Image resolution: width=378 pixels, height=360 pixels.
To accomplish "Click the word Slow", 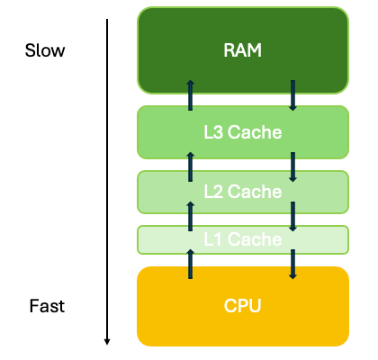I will [45, 50].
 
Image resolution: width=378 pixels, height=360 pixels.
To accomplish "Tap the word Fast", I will [45, 306].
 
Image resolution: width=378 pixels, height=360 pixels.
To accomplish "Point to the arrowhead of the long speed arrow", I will [107, 341].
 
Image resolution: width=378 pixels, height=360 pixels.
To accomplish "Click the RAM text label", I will [242, 50].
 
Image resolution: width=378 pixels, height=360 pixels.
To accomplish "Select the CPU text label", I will [242, 306].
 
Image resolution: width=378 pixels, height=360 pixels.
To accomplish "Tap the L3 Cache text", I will [242, 133].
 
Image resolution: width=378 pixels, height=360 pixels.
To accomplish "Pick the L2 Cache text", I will [242, 191].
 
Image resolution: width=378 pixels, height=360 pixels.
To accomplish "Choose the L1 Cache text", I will [242, 239].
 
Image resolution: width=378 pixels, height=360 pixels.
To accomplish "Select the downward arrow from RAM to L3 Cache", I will [292, 94].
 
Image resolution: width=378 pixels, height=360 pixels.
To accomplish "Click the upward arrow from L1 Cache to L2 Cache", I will [190, 216].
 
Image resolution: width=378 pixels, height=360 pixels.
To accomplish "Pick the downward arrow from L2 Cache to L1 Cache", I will [292, 216].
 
